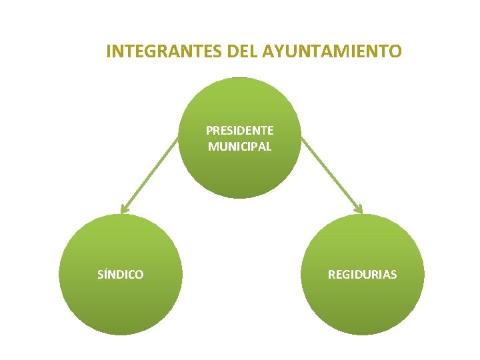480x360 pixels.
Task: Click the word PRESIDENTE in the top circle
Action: point(240,130)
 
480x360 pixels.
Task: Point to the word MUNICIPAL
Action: point(240,147)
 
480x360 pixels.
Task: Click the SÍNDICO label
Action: point(121,275)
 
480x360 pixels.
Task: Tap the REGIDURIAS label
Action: point(362,275)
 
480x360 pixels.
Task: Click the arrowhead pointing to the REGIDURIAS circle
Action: point(358,209)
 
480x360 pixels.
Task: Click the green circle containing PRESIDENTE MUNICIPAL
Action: point(241,173)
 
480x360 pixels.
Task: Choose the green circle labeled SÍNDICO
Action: point(121,307)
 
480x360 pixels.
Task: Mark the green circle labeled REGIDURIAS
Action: point(362,307)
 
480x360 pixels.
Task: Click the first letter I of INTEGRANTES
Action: point(109,51)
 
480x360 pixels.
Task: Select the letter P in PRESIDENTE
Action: point(209,130)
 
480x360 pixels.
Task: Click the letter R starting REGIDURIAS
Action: point(331,275)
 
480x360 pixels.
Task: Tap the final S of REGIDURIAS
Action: point(393,275)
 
